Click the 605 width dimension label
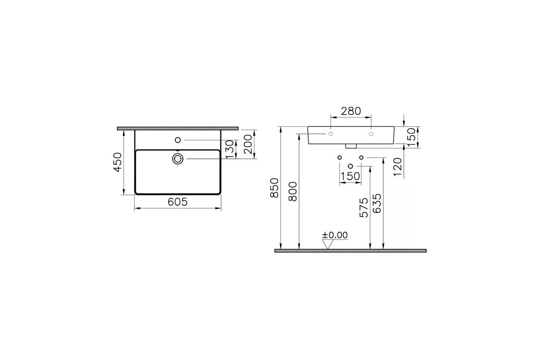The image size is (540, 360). pyautogui.click(x=178, y=202)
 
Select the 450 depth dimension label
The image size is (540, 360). pyautogui.click(x=117, y=162)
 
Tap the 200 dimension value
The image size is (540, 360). pyautogui.click(x=248, y=144)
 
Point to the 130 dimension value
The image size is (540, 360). pyautogui.click(x=230, y=149)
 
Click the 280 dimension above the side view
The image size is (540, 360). pyautogui.click(x=351, y=111)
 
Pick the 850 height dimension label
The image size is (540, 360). pyautogui.click(x=274, y=188)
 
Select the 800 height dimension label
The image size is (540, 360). pyautogui.click(x=292, y=191)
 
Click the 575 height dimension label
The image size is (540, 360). pyautogui.click(x=364, y=207)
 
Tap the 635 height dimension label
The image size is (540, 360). pyautogui.click(x=377, y=203)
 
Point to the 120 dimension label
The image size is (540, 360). pyautogui.click(x=397, y=167)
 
